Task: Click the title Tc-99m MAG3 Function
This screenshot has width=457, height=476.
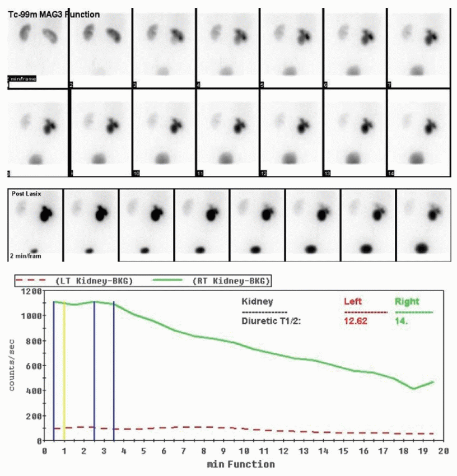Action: coord(54,14)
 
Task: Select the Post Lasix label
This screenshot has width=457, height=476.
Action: coord(25,194)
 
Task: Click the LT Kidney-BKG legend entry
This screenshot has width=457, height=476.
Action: coord(94,280)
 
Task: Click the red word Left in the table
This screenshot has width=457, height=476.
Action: coord(353,301)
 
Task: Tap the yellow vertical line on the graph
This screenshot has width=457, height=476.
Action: coord(64,370)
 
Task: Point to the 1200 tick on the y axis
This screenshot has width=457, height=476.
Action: coord(32,291)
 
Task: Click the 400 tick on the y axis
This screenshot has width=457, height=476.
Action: coord(34,390)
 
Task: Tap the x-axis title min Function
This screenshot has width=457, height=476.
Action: coord(241,464)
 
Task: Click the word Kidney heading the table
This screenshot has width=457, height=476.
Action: coord(255,301)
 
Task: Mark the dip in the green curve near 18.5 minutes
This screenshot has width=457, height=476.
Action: coord(414,388)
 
